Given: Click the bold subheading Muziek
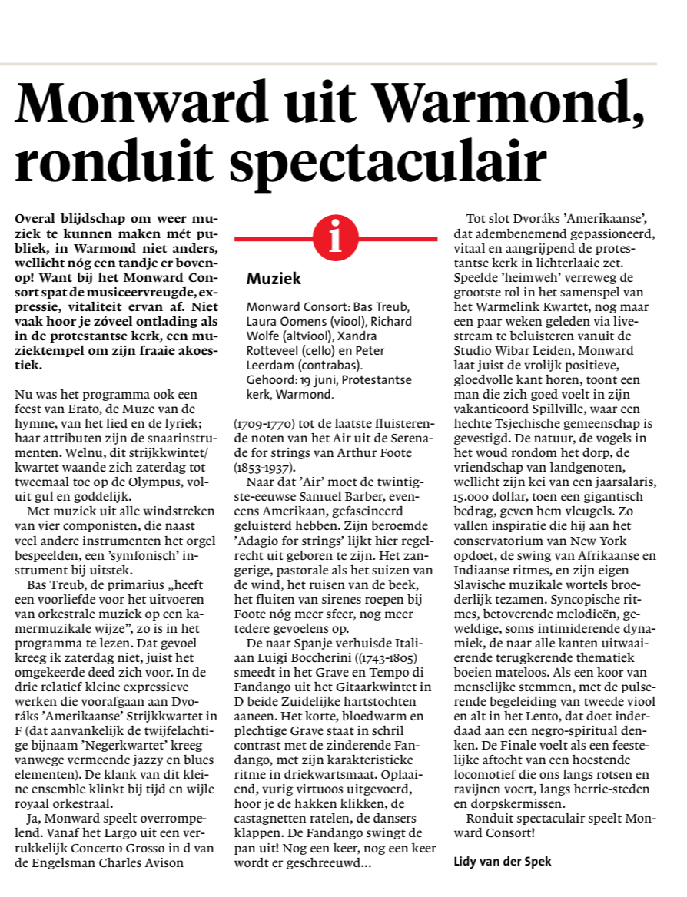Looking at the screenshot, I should (x=274, y=279).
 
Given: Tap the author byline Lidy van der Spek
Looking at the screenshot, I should (x=503, y=861).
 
